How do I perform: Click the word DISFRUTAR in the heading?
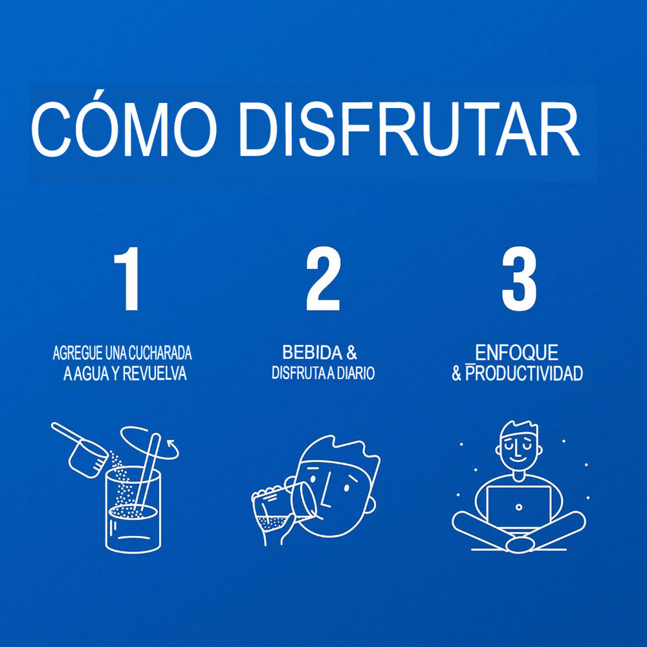point(410,129)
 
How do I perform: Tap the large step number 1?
point(128,278)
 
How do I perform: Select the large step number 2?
point(323,278)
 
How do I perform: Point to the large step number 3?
point(519,278)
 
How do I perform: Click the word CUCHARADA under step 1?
point(160,353)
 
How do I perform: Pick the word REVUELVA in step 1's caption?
point(155,374)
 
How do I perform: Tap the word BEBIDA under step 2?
point(313,353)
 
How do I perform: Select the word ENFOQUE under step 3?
point(516,353)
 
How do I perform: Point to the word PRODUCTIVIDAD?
point(524,373)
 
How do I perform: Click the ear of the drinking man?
point(371,504)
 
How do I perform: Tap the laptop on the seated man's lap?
point(519,507)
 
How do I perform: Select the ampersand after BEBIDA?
point(351,353)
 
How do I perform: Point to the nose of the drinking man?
point(326,491)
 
